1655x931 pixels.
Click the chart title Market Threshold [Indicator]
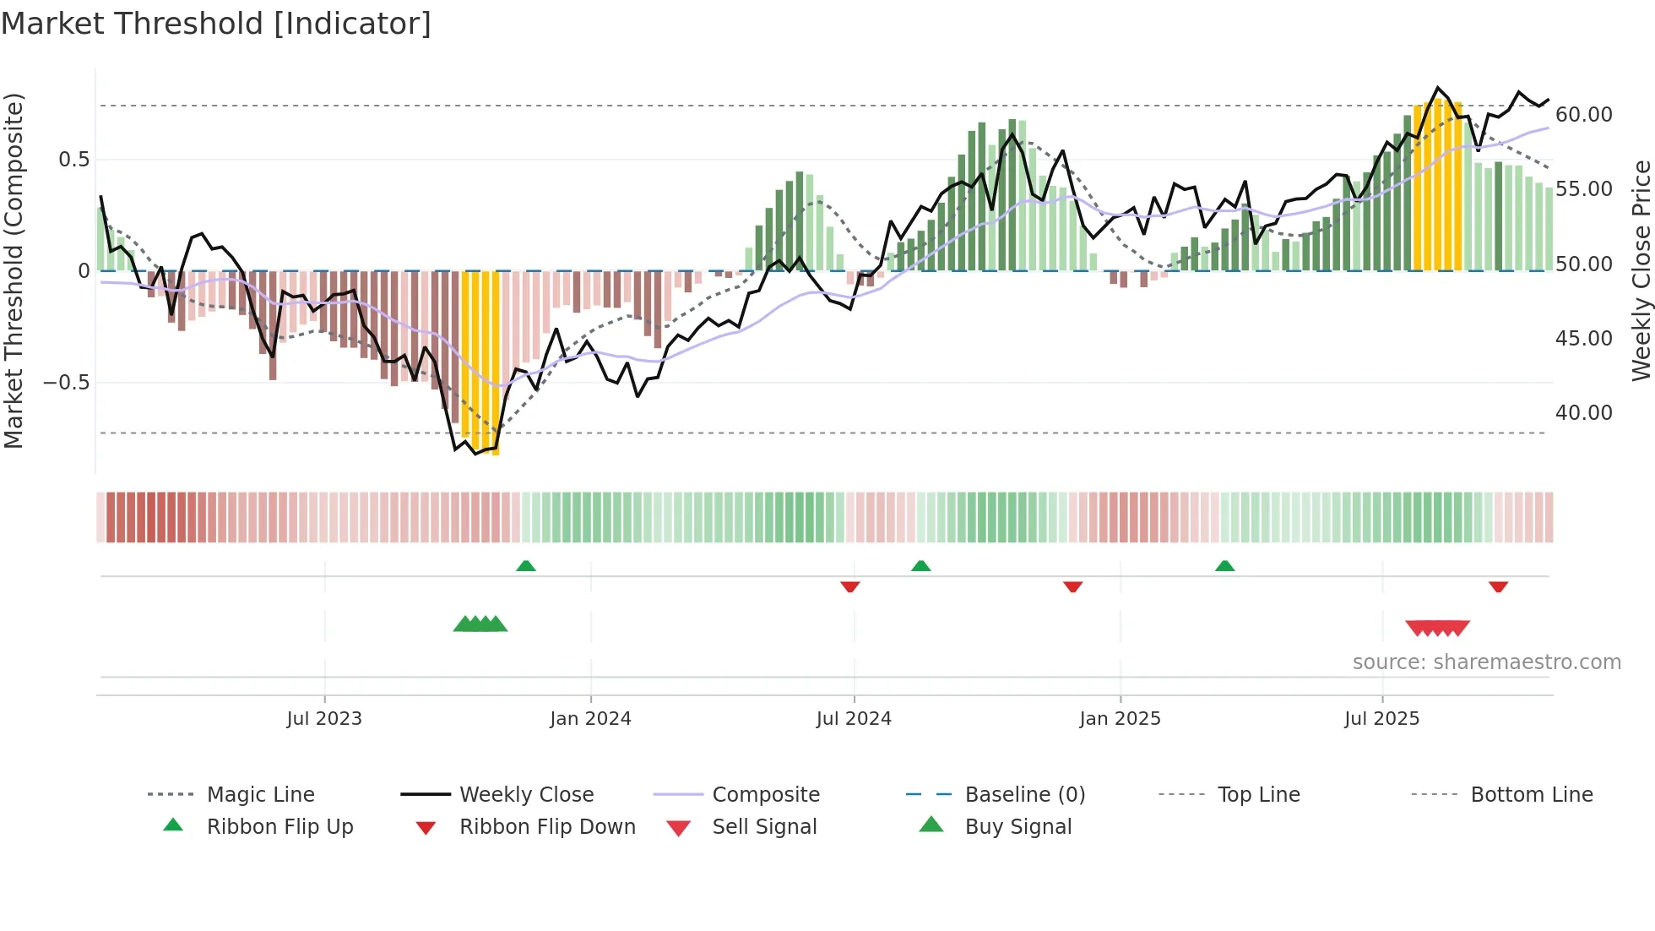pyautogui.click(x=216, y=24)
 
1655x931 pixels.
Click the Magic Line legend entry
pyautogui.click(x=260, y=794)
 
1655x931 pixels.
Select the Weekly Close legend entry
pyautogui.click(x=526, y=794)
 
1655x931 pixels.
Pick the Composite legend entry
pyautogui.click(x=765, y=794)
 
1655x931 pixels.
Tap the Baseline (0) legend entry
pyautogui.click(x=1024, y=794)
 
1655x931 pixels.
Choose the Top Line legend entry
pyautogui.click(x=1258, y=794)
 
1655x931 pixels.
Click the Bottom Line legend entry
pyautogui.click(x=1531, y=794)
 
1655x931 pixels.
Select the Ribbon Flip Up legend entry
pyautogui.click(x=279, y=826)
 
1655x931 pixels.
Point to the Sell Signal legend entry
pyautogui.click(x=764, y=826)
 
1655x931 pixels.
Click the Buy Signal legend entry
pyautogui.click(x=1017, y=826)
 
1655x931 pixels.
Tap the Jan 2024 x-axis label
pyautogui.click(x=590, y=718)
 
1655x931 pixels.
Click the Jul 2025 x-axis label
pyautogui.click(x=1381, y=718)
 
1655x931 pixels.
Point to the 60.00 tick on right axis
pyautogui.click(x=1583, y=114)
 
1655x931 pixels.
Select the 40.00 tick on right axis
pyautogui.click(x=1583, y=412)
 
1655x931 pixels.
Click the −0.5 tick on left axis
pyautogui.click(x=67, y=382)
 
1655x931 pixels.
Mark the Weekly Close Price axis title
pyautogui.click(x=1641, y=270)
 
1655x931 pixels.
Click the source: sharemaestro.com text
pyautogui.click(x=1486, y=661)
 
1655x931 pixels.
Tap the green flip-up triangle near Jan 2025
pyautogui.click(x=1224, y=566)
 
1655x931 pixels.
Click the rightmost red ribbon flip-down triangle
pyautogui.click(x=1498, y=586)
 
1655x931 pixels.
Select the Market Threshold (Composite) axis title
pyautogui.click(x=14, y=270)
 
